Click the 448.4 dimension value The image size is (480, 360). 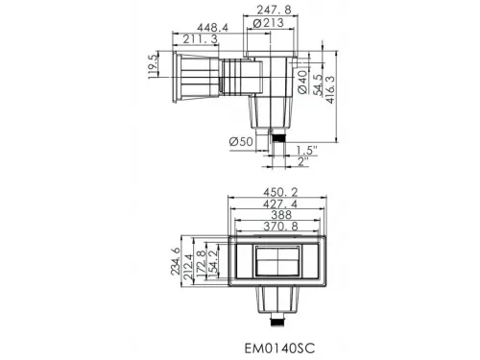[212, 28]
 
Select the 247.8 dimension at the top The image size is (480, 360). [274, 10]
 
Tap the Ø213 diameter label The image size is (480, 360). [268, 23]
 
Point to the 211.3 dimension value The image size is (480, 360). [201, 39]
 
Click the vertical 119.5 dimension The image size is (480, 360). [153, 66]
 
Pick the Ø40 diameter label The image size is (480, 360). [302, 83]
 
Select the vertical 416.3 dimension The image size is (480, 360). [330, 89]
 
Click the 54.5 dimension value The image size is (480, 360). [318, 84]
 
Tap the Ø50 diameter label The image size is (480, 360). [241, 141]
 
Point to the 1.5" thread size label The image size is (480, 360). [306, 150]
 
